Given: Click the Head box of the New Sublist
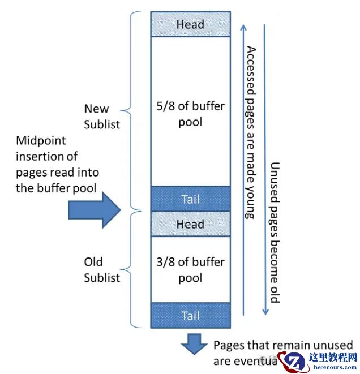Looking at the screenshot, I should coord(190,24).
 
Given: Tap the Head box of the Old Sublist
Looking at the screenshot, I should coord(190,224).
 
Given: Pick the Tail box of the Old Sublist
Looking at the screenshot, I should coord(190,315).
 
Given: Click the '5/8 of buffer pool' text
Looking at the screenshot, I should coord(190,113).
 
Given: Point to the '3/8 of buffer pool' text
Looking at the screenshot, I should coord(190,270).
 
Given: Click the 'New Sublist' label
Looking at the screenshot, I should coord(102,116).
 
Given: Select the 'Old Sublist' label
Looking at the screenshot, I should coord(102,270).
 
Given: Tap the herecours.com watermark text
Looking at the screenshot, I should coord(333,367).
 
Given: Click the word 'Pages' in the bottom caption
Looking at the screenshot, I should coord(229,345).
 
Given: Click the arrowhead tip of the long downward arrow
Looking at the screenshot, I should coord(264,315).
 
